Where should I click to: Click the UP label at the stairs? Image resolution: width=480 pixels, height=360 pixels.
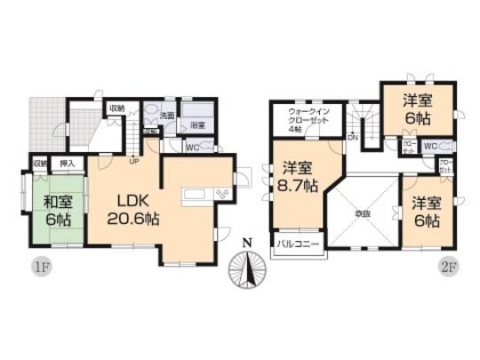tap(133, 163)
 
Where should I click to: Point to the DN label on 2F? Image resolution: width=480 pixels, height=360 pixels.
tap(352, 138)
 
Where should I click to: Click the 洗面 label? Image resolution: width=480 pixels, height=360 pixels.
tap(166, 116)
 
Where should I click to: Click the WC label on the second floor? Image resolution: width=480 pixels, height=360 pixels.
tap(428, 146)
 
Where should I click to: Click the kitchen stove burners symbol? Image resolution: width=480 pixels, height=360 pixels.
tap(220, 195)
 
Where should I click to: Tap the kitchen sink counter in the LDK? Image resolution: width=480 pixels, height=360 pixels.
tap(194, 196)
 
